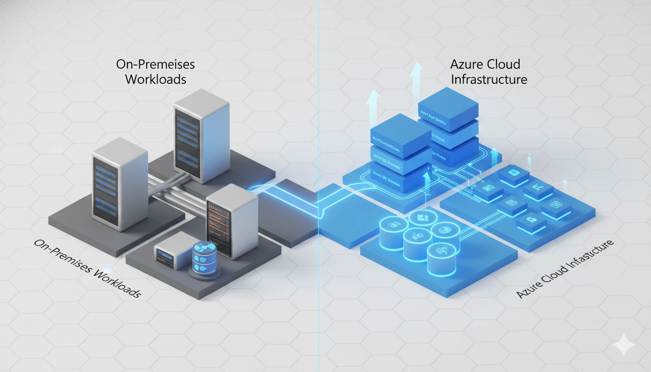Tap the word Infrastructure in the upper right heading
[489, 79]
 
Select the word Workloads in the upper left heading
[155, 79]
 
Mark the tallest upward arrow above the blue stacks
[415, 77]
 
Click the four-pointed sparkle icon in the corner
[623, 346]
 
